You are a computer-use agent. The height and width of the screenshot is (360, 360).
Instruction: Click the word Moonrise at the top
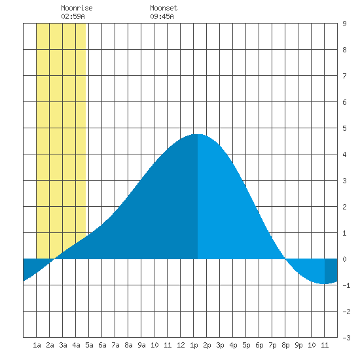[77, 8]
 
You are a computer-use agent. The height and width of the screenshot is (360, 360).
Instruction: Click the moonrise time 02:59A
[73, 16]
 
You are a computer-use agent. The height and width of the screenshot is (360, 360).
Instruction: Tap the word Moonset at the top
[164, 8]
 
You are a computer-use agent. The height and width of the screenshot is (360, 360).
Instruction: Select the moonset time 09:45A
[162, 16]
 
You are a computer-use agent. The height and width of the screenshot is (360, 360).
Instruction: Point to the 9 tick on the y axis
[344, 24]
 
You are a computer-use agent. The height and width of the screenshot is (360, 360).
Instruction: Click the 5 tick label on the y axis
[344, 128]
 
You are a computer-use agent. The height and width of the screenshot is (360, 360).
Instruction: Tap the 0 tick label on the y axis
[344, 259]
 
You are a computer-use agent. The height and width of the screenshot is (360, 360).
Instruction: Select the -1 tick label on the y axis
[346, 285]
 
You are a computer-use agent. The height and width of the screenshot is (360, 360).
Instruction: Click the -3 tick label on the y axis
[346, 338]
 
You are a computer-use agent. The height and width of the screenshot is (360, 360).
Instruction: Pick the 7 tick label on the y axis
[344, 76]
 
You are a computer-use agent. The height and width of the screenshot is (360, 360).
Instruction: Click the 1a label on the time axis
[37, 345]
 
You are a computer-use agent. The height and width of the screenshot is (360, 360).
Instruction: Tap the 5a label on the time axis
[89, 345]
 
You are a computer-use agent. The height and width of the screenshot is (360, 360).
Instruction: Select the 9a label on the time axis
[141, 345]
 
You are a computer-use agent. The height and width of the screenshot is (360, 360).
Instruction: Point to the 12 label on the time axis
[181, 345]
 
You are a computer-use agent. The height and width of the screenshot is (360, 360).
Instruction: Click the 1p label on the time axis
[194, 345]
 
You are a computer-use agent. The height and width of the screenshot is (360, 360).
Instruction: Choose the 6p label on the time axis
[259, 345]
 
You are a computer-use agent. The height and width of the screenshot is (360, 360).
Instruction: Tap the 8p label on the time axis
[285, 345]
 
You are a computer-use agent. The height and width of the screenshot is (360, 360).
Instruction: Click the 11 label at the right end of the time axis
[325, 345]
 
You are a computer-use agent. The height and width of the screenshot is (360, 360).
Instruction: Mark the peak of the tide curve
[198, 134]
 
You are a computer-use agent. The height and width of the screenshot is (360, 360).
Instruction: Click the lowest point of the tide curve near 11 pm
[323, 284]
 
